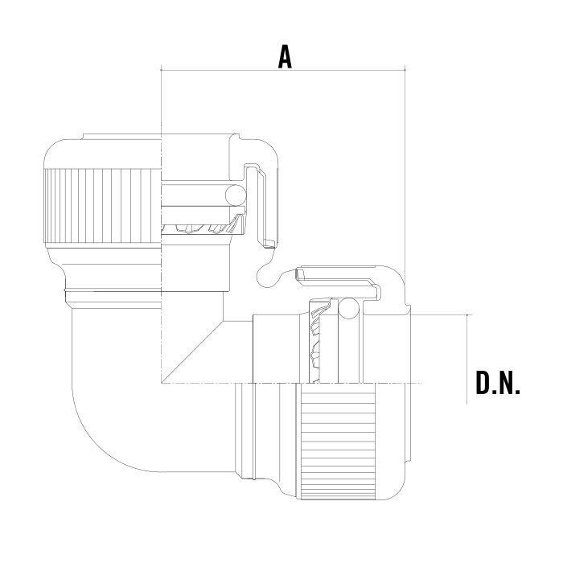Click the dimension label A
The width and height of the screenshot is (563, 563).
coord(285,57)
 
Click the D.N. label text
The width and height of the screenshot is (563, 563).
coord(498,383)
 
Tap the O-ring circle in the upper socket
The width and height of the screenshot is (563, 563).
coord(236,195)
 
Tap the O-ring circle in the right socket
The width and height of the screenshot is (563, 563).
coord(348,308)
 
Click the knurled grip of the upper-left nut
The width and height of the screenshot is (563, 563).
coord(103,206)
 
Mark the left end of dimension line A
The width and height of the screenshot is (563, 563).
coord(161,70)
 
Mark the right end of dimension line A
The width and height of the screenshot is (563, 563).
coord(405,70)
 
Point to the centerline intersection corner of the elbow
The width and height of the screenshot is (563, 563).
coord(161,383)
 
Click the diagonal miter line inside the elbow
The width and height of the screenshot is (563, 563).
coord(192,352)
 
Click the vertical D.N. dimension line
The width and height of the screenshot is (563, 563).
coord(466,360)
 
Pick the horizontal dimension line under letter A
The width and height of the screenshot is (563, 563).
coord(283,70)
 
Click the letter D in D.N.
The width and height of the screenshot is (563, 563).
coord(483,383)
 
